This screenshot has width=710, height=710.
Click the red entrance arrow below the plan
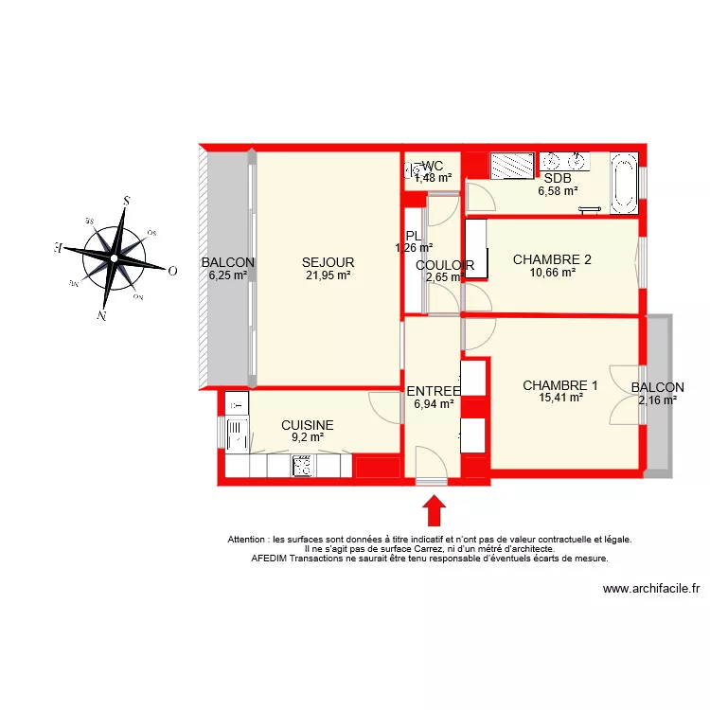tap(434, 511)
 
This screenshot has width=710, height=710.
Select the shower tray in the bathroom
tap(511, 165)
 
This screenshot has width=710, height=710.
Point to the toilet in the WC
tap(414, 171)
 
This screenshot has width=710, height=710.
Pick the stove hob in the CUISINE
tap(303, 466)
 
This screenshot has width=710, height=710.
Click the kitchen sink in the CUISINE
tap(236, 435)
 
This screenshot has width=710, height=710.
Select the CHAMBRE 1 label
tap(560, 385)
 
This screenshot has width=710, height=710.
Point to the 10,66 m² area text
tap(552, 273)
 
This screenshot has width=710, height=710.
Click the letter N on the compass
tap(101, 315)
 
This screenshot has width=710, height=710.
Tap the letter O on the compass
tap(172, 271)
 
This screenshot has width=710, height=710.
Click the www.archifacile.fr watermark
tap(650, 588)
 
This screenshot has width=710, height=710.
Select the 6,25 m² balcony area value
tap(227, 276)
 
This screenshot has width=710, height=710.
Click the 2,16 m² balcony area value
tap(657, 400)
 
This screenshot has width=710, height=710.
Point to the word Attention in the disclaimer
tap(249, 540)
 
